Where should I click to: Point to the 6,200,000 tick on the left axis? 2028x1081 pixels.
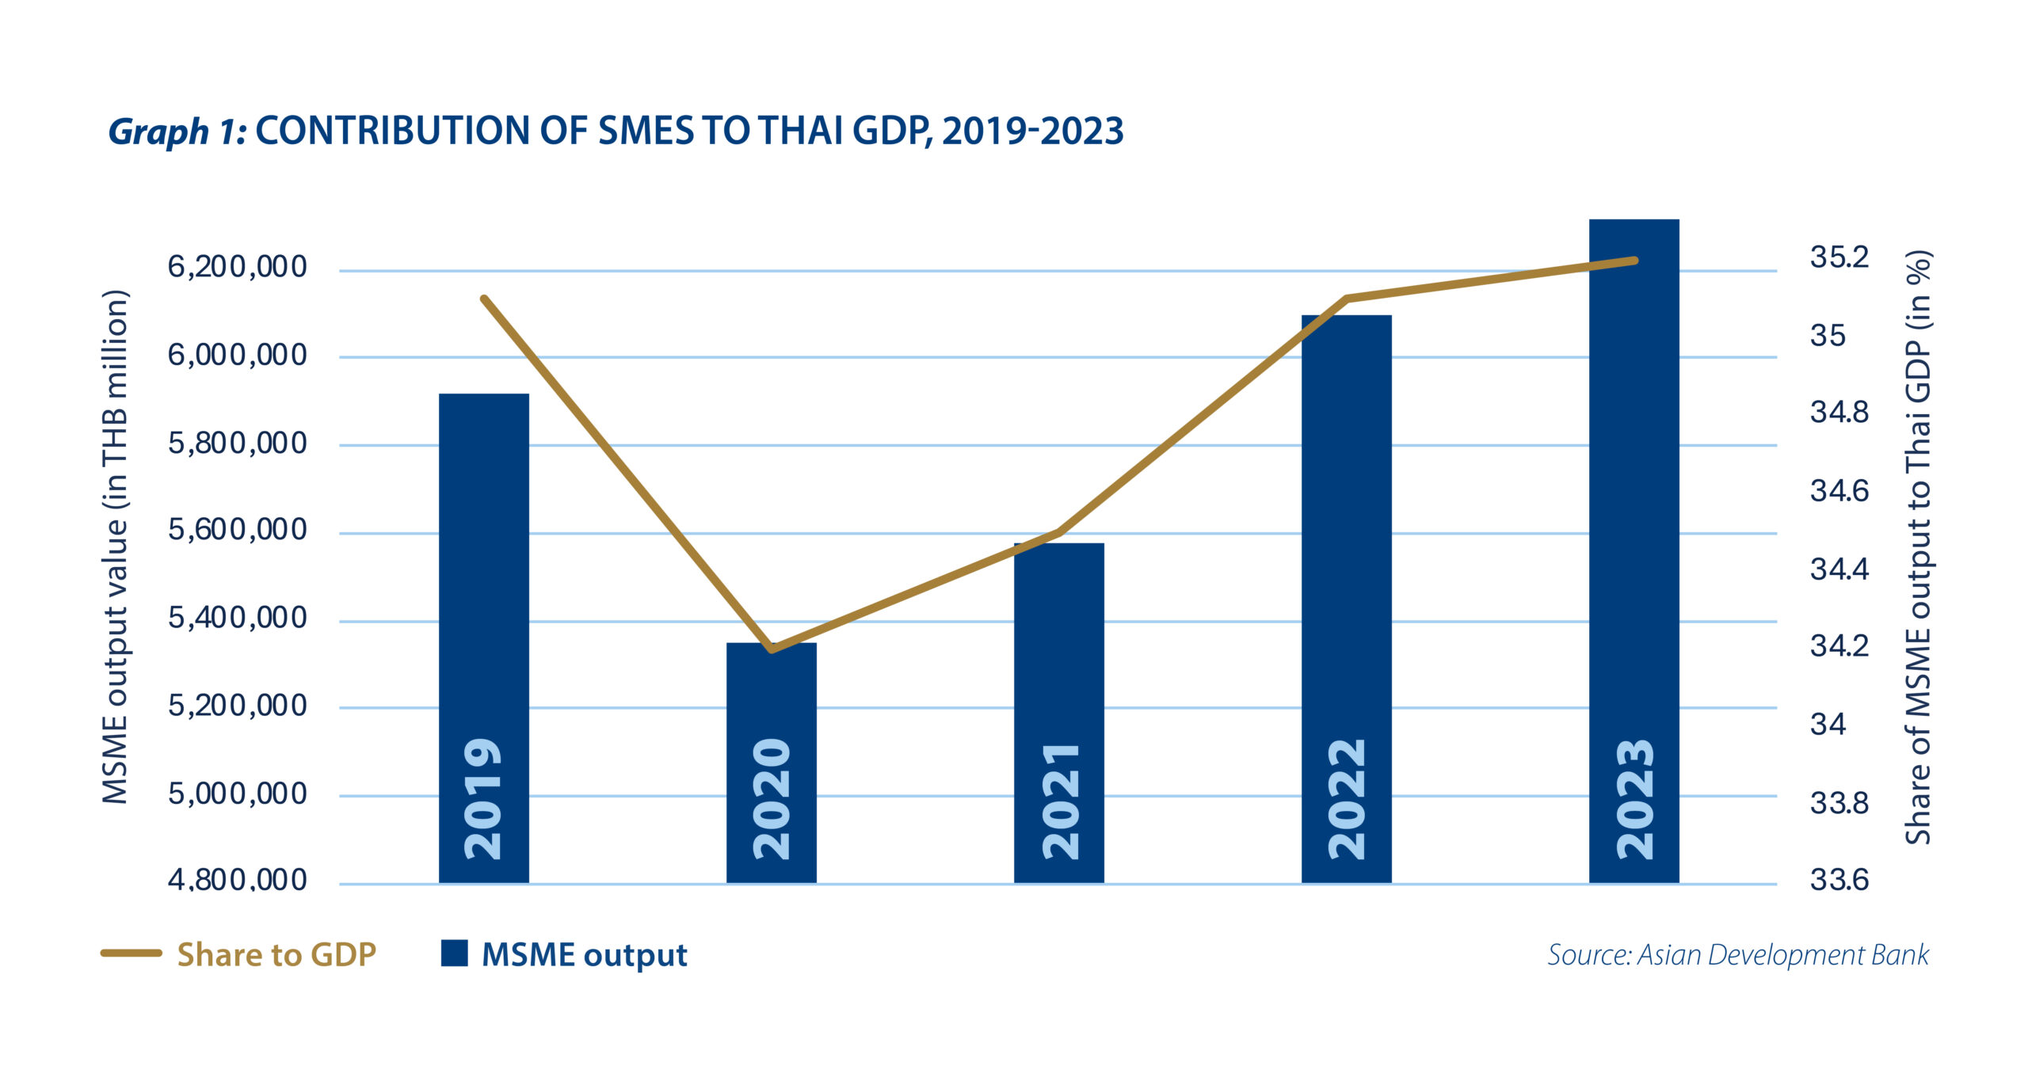pos(237,268)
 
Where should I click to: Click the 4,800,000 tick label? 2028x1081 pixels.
pos(237,880)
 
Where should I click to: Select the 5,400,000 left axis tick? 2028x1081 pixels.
pos(237,618)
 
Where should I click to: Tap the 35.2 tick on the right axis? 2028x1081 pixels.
pos(1839,257)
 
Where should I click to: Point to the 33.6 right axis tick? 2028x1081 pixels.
pos(1839,880)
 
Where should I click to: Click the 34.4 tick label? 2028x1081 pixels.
pos(1839,569)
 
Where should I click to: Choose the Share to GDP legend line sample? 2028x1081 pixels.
pos(131,953)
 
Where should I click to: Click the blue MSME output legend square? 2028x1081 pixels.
pos(454,953)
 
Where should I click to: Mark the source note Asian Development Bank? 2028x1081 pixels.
pos(1738,955)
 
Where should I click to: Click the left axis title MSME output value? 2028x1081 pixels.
pos(116,546)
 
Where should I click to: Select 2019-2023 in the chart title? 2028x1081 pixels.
pos(1032,131)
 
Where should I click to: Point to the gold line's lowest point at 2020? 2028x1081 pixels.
pos(772,649)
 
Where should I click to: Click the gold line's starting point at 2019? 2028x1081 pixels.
pos(484,299)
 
